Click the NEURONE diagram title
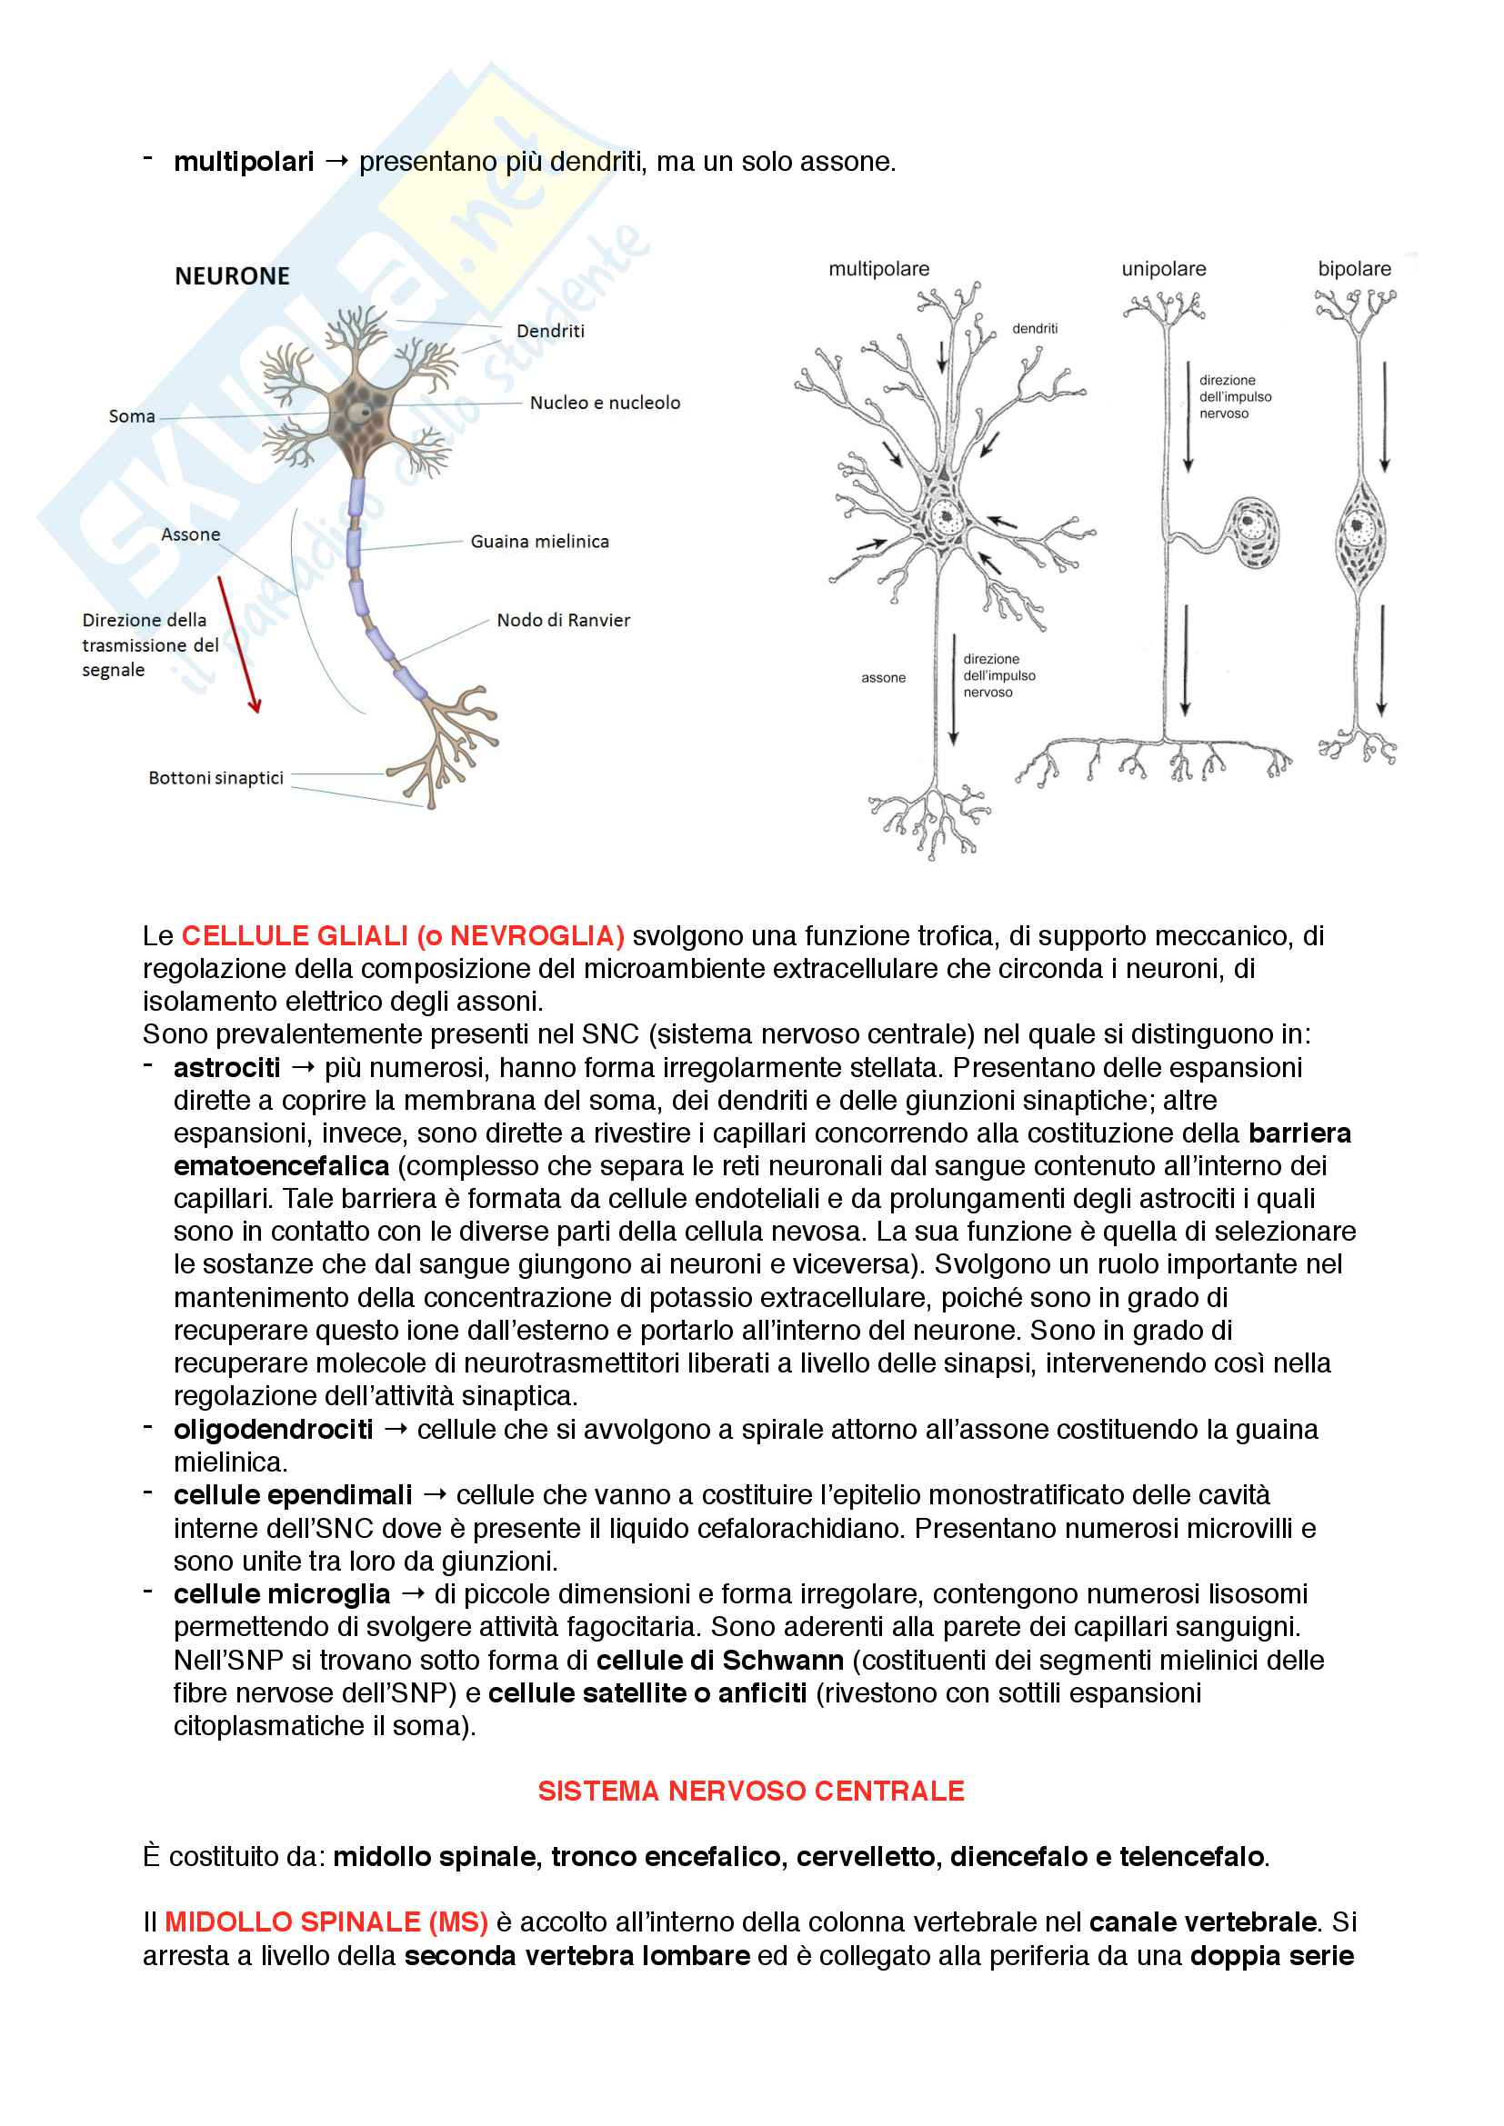point(232,276)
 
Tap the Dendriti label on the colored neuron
point(550,332)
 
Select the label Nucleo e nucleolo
point(605,403)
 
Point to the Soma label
point(132,416)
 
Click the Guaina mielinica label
point(539,542)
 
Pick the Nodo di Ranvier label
point(563,621)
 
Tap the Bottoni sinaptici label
point(216,778)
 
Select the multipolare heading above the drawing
point(878,269)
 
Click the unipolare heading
point(1163,269)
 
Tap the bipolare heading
point(1354,269)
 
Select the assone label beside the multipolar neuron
point(883,678)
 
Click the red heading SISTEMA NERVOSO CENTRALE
point(751,1791)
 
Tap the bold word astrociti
point(227,1068)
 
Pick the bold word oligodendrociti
point(273,1430)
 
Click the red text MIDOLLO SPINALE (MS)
point(326,1922)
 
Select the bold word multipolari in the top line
point(244,162)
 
